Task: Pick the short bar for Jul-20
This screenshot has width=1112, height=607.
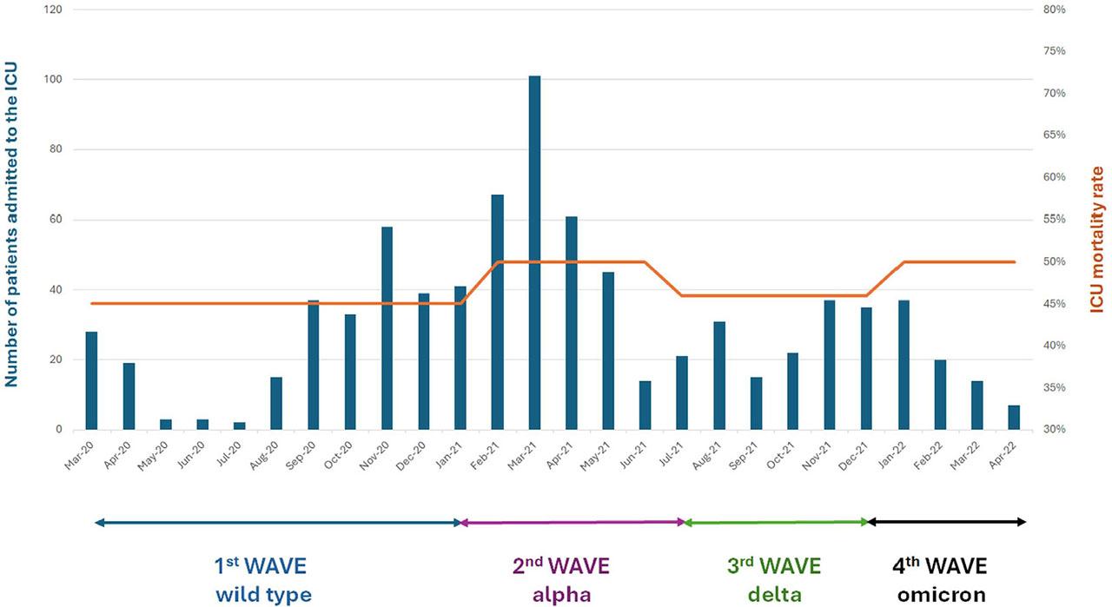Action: tap(239, 426)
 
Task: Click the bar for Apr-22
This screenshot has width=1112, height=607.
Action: tap(1014, 418)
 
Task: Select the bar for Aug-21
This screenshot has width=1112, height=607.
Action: tap(719, 375)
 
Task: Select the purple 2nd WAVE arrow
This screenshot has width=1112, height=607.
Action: tap(572, 523)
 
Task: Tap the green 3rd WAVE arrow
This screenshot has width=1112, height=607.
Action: tap(776, 523)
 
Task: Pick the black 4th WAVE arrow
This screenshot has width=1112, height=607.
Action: tap(947, 523)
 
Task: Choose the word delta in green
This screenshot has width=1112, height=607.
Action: tap(773, 595)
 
